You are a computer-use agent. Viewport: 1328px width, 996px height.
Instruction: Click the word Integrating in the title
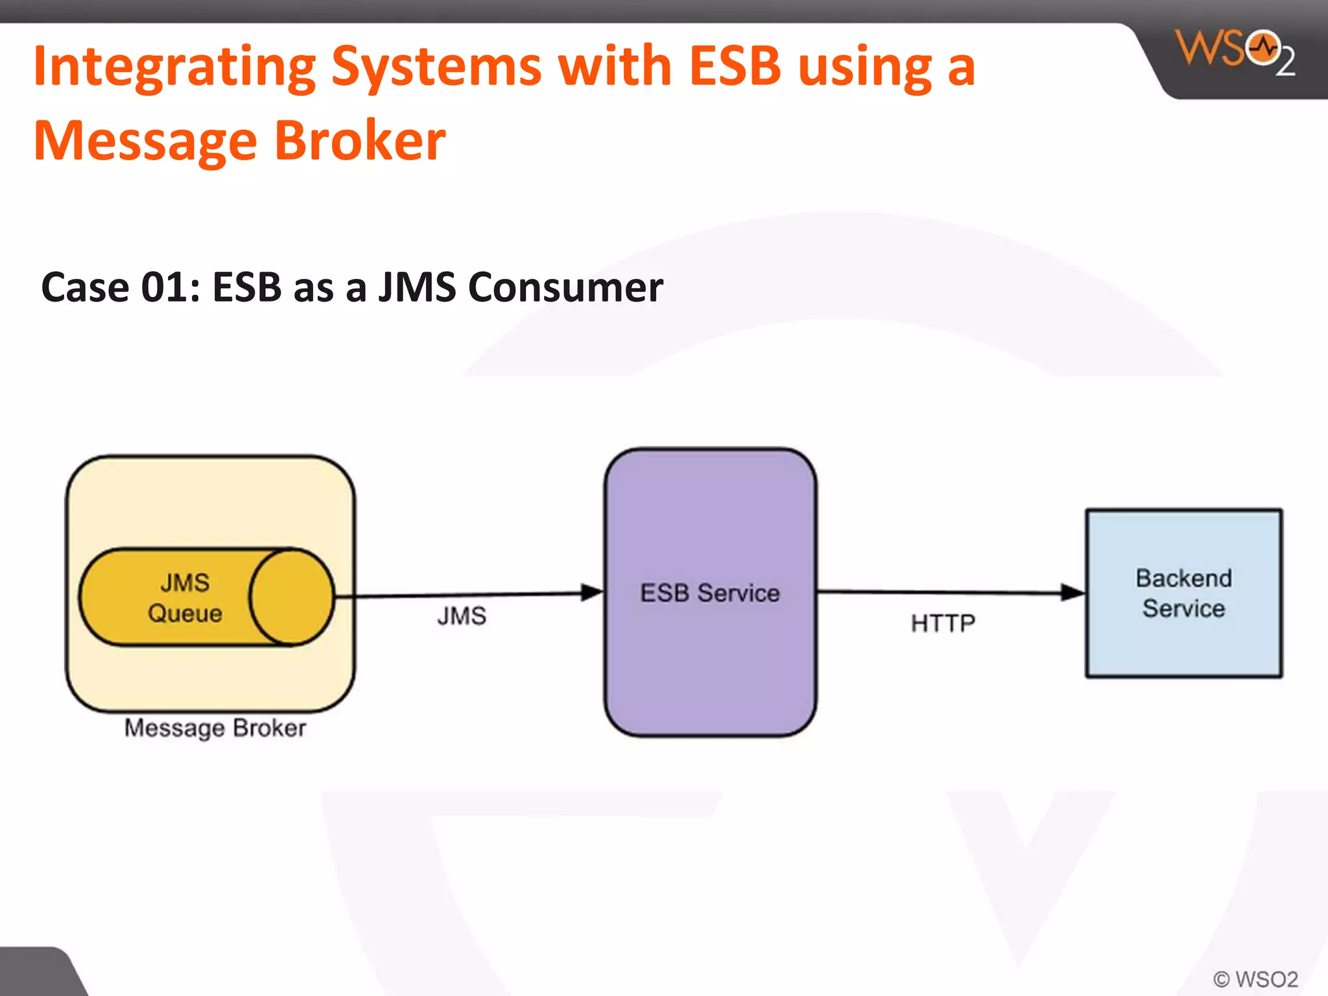pos(174,67)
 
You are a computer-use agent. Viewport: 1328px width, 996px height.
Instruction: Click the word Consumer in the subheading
pos(565,287)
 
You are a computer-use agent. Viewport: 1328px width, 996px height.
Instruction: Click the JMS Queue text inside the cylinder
pos(185,598)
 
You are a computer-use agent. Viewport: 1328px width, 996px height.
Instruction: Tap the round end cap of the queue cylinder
pos(291,597)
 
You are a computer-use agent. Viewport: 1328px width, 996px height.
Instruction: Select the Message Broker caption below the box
pos(215,728)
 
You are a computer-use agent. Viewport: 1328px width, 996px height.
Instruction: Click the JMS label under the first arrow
pos(461,616)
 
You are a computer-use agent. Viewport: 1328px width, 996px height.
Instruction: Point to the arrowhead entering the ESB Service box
pos(592,592)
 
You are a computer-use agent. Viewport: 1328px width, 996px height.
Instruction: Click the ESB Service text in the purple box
pos(710,593)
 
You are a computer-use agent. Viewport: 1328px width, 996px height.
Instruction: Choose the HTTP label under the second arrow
pos(943,623)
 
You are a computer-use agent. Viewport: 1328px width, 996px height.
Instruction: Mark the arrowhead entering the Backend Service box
pos(1073,592)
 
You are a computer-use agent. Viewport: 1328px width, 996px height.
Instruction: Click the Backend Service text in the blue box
pos(1183,593)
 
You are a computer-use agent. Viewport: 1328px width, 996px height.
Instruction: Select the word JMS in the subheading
pos(417,287)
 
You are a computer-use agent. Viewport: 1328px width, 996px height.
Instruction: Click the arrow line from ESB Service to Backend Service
pos(940,592)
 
